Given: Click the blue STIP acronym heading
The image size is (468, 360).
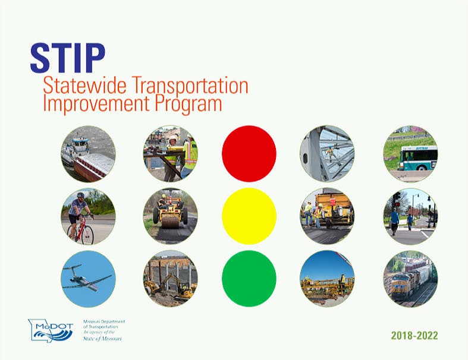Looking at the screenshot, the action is click(68, 58).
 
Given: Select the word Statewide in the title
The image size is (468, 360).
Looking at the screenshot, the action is click(85, 86).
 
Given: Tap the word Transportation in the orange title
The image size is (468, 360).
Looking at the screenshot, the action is click(190, 86).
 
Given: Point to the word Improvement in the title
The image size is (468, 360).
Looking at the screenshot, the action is click(96, 103).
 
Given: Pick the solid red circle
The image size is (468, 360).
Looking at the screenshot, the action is click(249, 154).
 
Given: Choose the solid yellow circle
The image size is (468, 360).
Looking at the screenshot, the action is click(249, 216).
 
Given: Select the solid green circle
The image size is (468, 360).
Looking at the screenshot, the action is click(249, 279).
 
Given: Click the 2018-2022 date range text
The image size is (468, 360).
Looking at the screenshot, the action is click(414, 336).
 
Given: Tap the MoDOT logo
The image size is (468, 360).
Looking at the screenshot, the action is click(51, 330).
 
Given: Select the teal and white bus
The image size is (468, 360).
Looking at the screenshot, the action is click(417, 158).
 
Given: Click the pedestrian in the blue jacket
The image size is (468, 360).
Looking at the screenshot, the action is click(394, 221).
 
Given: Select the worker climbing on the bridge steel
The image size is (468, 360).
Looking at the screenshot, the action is click(331, 153).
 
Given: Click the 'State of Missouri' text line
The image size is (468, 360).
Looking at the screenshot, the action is click(102, 339).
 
